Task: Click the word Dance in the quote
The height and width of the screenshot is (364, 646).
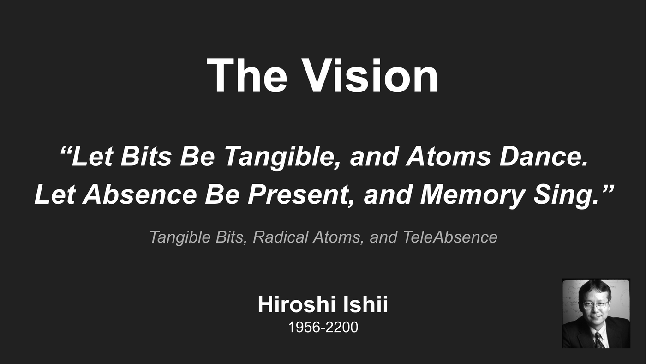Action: tap(544, 157)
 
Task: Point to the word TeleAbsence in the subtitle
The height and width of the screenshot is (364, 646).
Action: tap(450, 237)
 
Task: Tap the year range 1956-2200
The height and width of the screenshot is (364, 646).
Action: tap(323, 327)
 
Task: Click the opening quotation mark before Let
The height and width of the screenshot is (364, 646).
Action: tap(65, 150)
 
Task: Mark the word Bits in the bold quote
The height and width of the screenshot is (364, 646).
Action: tap(146, 157)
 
